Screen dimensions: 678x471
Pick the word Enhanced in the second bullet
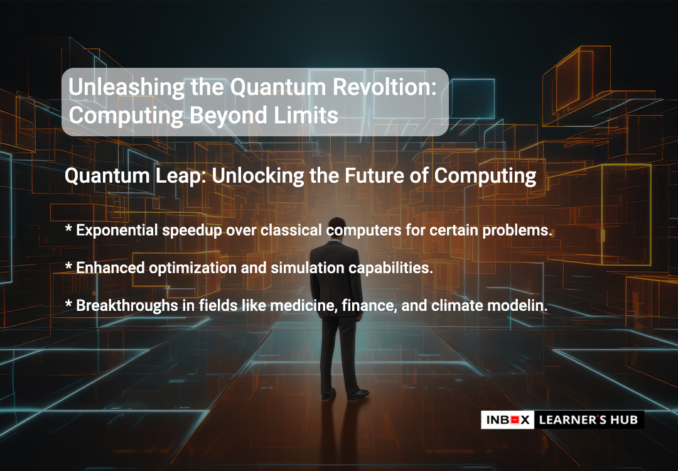pos(110,268)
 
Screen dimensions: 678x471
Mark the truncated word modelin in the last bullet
pos(517,306)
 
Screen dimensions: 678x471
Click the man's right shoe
pos(358,394)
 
